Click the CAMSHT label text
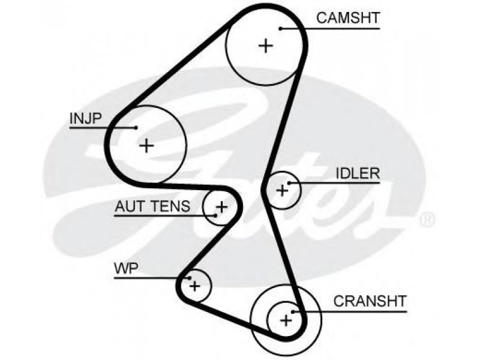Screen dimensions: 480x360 click(x=348, y=18)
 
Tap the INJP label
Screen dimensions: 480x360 click(x=85, y=118)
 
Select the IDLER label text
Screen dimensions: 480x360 click(x=358, y=173)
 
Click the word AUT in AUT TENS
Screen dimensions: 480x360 click(x=128, y=206)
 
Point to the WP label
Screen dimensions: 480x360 click(x=126, y=269)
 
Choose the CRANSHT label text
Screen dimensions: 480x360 click(x=370, y=301)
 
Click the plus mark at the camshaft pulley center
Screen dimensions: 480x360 click(x=266, y=46)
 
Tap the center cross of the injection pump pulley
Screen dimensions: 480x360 click(x=146, y=145)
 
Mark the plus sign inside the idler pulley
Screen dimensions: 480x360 click(x=282, y=191)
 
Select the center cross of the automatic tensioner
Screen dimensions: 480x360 click(x=221, y=207)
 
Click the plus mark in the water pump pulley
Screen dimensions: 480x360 click(x=194, y=286)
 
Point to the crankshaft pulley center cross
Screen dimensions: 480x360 click(x=286, y=320)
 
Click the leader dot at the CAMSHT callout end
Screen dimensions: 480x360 click(x=280, y=29)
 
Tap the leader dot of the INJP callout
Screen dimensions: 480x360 click(x=137, y=128)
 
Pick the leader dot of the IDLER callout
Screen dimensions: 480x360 click(x=289, y=183)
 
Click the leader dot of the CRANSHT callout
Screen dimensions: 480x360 click(x=293, y=312)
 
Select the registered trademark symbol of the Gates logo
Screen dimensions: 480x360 click(x=427, y=219)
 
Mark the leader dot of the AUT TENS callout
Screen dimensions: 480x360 click(x=216, y=215)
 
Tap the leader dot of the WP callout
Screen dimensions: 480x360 click(x=190, y=278)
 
